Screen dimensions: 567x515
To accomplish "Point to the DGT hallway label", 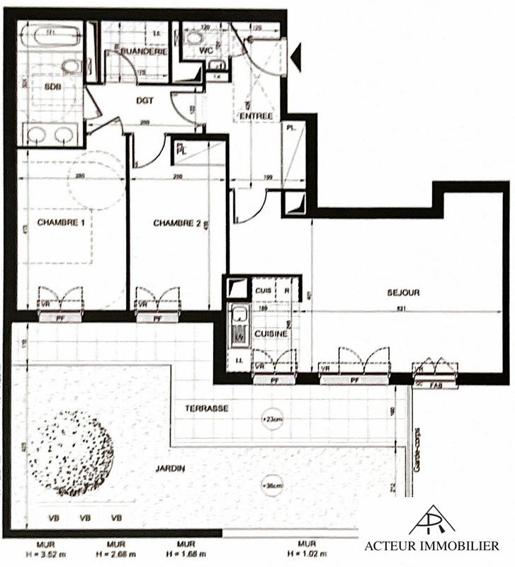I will coord(145,101).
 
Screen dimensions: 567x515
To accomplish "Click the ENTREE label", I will coord(255,116).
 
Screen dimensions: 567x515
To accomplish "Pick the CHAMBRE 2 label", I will coord(176,223).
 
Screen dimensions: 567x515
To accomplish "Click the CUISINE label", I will coord(271,332).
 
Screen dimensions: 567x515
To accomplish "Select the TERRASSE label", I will coord(206,409).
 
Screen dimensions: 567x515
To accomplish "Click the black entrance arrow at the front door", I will coord(295,57).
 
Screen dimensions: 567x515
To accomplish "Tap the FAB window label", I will coord(436,386).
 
